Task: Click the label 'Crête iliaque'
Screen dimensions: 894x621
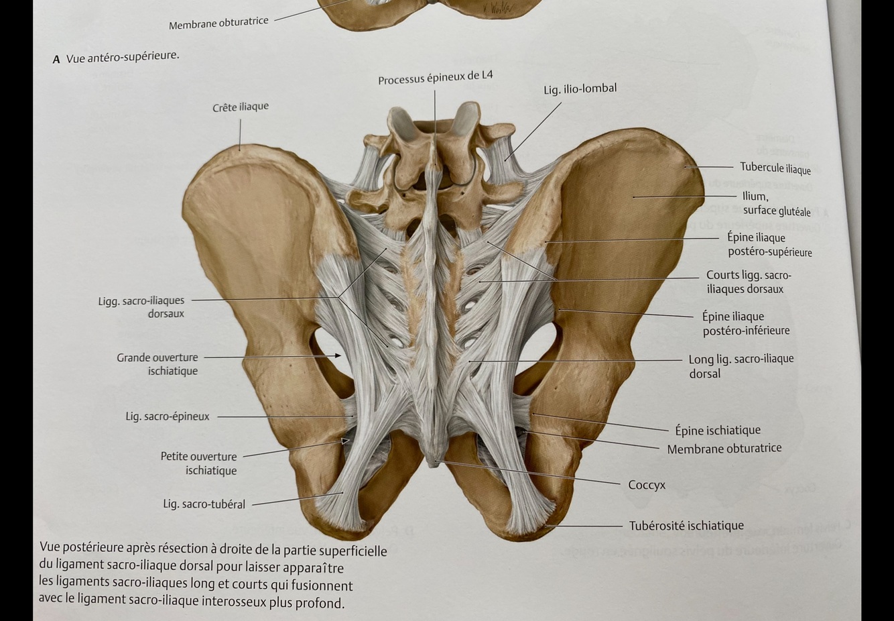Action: coord(241,107)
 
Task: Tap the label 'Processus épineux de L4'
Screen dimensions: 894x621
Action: coord(435,78)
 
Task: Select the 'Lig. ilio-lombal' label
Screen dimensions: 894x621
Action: coord(580,89)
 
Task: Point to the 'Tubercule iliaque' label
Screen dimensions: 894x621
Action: coord(775,168)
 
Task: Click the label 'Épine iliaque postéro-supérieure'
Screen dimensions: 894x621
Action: coord(769,245)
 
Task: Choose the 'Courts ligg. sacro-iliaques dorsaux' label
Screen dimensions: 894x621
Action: coord(748,282)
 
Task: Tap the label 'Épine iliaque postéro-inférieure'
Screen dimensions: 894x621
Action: coord(745,323)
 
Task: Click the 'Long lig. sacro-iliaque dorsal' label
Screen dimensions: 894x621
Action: coord(741,366)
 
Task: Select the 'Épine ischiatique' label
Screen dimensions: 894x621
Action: coord(717,431)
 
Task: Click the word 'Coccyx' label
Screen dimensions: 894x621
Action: coord(646,485)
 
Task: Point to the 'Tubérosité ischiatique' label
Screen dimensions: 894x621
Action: coord(686,526)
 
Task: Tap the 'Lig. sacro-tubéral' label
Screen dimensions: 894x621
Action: coord(204,504)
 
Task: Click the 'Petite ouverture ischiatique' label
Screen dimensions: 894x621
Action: coord(199,463)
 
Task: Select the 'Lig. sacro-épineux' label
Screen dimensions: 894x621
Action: coord(168,416)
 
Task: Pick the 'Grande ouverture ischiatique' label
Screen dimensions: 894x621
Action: coord(157,364)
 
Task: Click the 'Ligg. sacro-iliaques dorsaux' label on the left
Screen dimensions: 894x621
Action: coord(141,307)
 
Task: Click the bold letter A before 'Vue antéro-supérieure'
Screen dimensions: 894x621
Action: coord(56,60)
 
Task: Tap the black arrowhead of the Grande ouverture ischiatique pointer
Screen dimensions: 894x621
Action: coord(338,356)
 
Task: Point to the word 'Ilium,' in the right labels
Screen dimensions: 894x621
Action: coord(755,196)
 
